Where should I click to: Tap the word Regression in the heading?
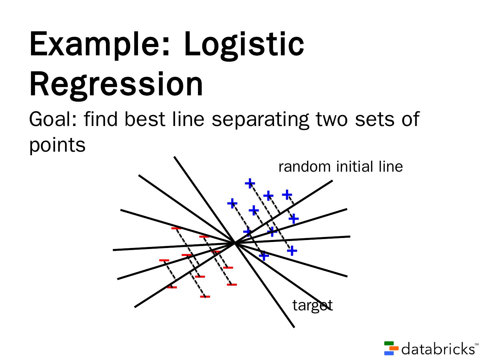(116, 84)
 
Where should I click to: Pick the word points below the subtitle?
(57, 145)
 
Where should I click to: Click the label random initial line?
(340, 166)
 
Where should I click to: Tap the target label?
(312, 305)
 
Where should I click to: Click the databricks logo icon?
(391, 348)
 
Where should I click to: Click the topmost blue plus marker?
(250, 183)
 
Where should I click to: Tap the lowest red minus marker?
(205, 296)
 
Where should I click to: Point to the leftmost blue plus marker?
(232, 203)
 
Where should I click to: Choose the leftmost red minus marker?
(164, 260)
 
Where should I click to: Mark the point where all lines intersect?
(235, 243)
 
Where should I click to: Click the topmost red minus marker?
(176, 228)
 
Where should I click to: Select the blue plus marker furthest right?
(294, 219)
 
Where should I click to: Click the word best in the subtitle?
(145, 119)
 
